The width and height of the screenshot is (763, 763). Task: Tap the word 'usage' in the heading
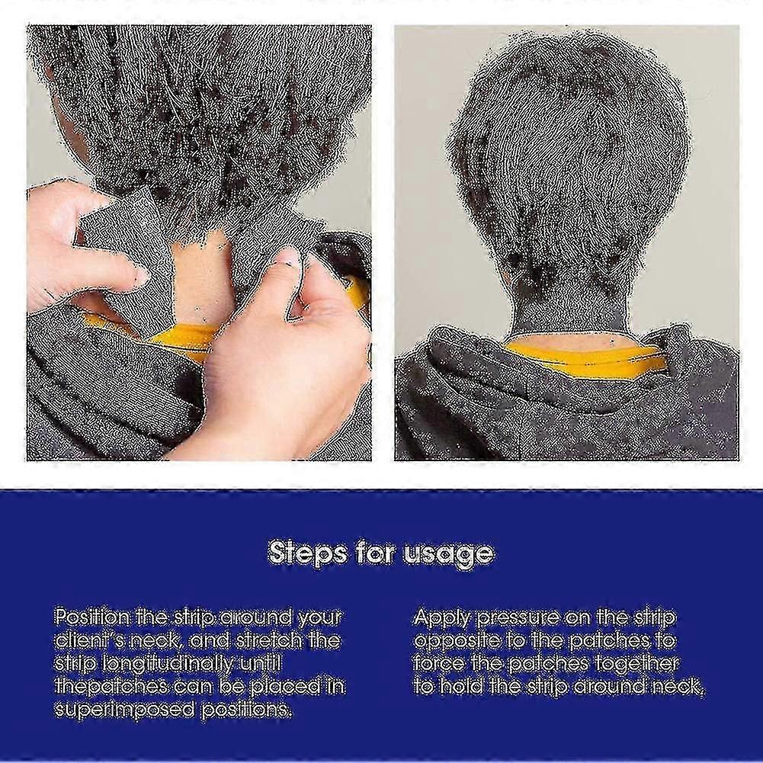[x=448, y=554]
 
